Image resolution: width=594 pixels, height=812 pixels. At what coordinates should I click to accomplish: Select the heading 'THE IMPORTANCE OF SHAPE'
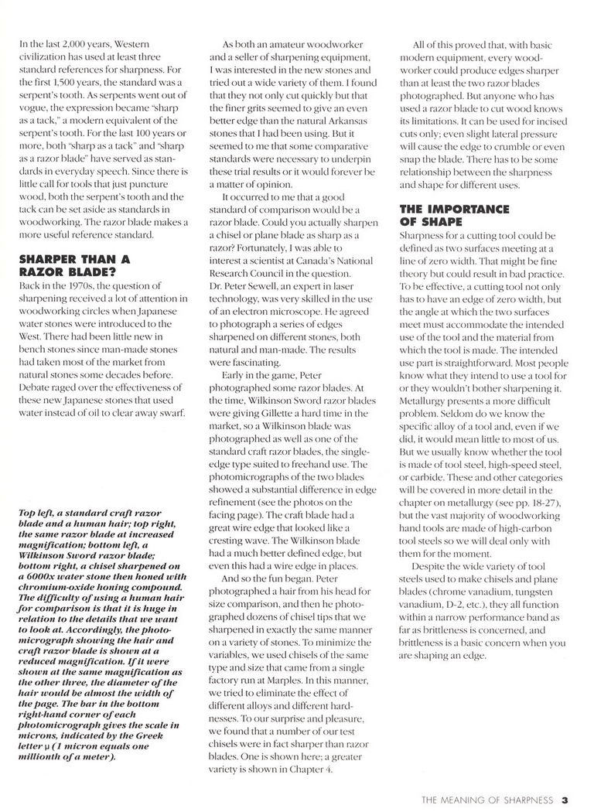click(x=443, y=214)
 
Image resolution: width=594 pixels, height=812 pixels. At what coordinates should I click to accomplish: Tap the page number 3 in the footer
click(x=565, y=795)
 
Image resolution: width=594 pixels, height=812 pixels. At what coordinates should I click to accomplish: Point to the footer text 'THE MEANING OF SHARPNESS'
click(x=486, y=796)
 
